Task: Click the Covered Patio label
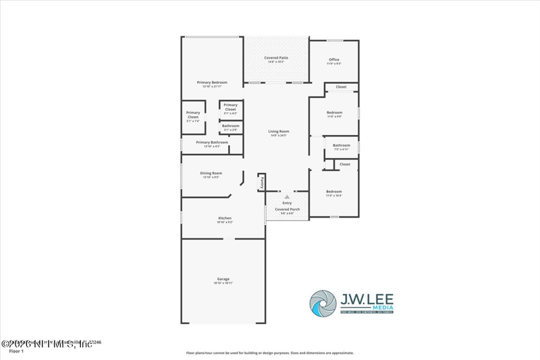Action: [277, 58]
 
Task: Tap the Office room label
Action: [333, 59]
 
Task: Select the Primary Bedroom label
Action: [212, 82]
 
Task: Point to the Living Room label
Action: [277, 131]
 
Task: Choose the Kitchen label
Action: [225, 218]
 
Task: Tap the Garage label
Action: [223, 279]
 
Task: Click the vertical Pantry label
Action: [261, 182]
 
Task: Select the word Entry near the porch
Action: [287, 203]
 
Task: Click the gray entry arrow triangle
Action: [287, 197]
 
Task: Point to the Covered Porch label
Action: [287, 209]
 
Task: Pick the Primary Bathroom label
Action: [212, 143]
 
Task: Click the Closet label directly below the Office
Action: [341, 87]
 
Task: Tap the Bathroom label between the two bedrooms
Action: [341, 145]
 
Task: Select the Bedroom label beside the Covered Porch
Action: [334, 191]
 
